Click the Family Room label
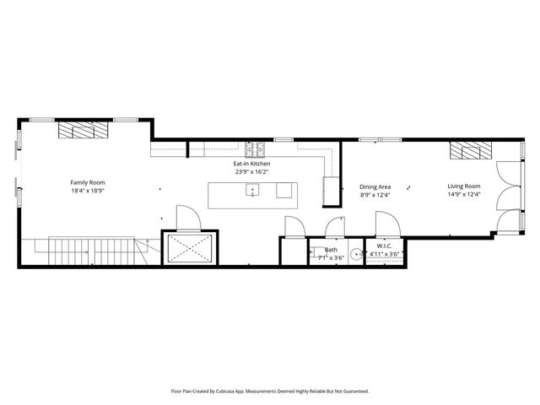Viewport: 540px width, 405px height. coord(88,182)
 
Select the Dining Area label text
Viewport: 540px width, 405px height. coord(375,186)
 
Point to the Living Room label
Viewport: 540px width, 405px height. coord(463,186)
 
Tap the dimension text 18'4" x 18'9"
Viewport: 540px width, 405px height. coord(88,191)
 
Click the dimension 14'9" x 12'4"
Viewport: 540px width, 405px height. coord(463,195)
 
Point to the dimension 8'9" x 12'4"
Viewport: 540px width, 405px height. coord(375,195)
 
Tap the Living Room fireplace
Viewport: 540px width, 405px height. coord(470,151)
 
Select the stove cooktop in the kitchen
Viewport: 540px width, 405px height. coord(256,150)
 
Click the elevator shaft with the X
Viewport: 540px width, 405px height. coord(192,248)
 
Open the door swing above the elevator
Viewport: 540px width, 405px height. coord(186,217)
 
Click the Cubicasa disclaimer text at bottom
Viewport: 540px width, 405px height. coord(270,391)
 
